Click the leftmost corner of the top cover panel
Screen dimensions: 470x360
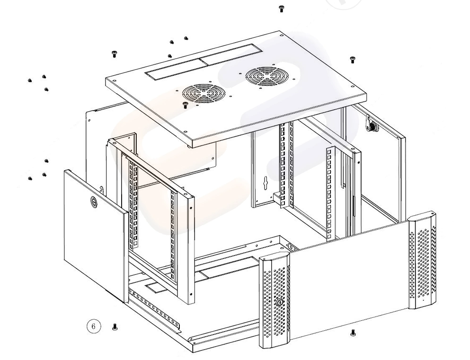click(x=106, y=79)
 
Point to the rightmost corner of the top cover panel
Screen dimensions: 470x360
click(x=367, y=94)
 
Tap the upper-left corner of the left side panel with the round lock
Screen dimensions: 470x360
click(x=65, y=170)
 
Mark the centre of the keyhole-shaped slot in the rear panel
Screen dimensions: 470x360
click(x=265, y=182)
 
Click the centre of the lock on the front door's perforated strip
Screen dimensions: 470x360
click(x=279, y=302)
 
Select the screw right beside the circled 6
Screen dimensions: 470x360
click(x=115, y=327)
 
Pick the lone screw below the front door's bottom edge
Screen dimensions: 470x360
click(x=353, y=332)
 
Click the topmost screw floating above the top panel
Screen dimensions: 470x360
click(x=281, y=9)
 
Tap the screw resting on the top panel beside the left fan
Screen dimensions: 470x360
click(x=185, y=105)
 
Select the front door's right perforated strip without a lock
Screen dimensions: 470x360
click(x=422, y=260)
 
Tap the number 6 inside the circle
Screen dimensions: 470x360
click(x=94, y=326)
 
